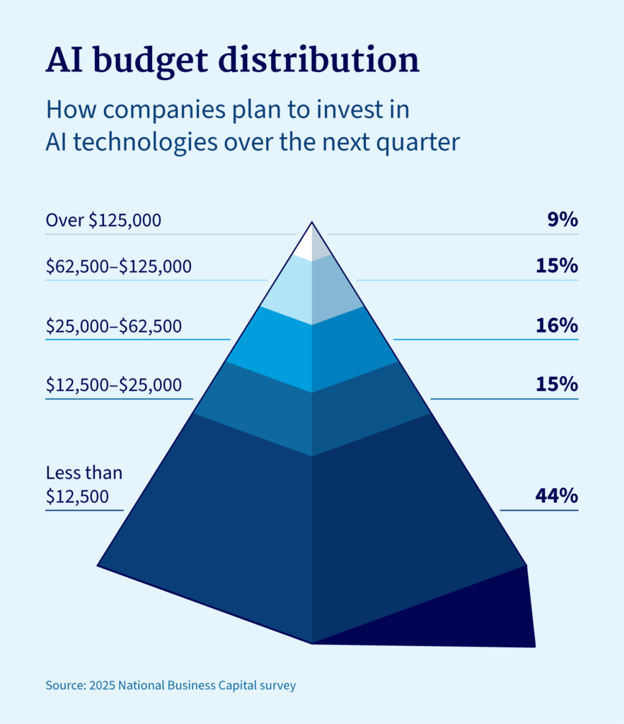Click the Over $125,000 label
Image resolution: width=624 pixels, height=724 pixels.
(x=103, y=220)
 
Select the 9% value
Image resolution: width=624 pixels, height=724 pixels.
(x=562, y=220)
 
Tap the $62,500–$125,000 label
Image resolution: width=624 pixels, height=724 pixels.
(x=118, y=267)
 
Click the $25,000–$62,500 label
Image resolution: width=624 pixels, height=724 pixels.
(x=113, y=326)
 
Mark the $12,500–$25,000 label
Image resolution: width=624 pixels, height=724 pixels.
(x=113, y=385)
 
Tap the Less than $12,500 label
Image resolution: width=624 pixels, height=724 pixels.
(x=83, y=484)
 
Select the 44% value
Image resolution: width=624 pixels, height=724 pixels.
(x=557, y=496)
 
